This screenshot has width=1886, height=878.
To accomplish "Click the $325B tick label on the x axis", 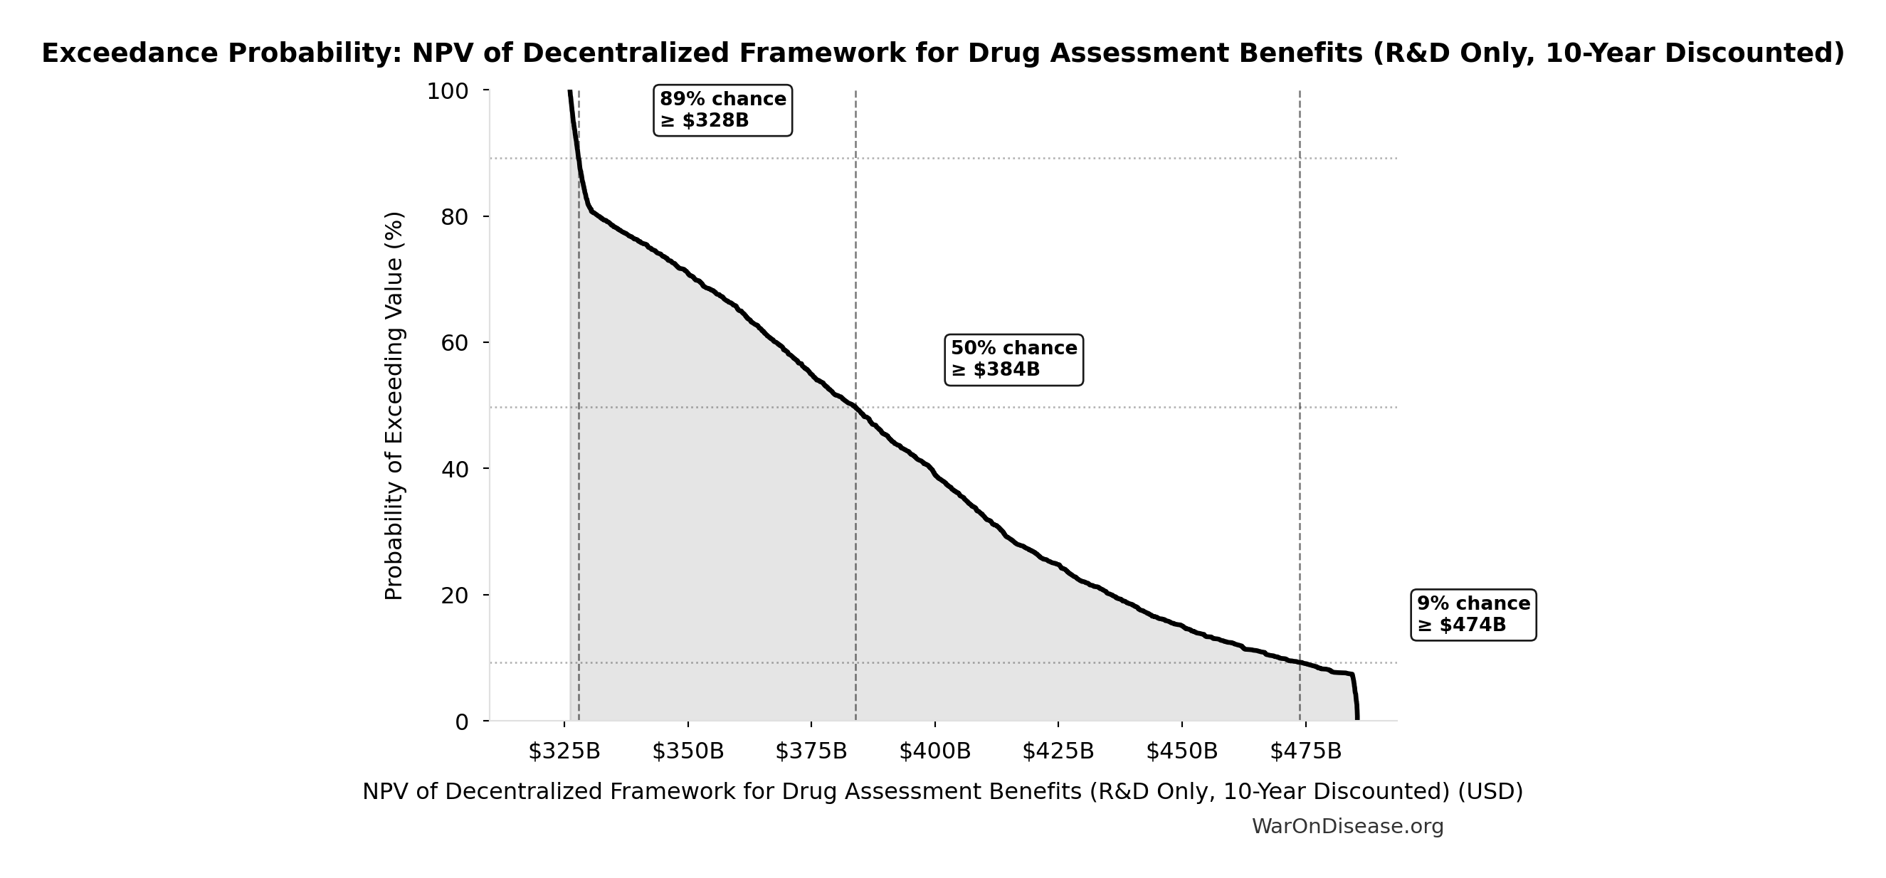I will click(x=564, y=751).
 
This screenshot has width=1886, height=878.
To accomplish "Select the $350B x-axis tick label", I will click(x=688, y=751).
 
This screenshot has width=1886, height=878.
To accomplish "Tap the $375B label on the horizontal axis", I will click(x=811, y=751).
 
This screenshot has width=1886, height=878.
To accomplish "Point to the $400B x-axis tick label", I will click(x=935, y=751).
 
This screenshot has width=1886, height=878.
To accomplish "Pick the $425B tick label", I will click(x=1058, y=751).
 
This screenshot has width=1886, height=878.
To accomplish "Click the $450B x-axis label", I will click(x=1181, y=751).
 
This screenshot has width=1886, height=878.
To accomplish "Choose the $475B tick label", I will click(x=1305, y=751).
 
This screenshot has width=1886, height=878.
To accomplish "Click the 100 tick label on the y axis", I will click(x=448, y=92).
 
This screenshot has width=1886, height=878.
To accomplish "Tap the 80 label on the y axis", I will click(x=455, y=217).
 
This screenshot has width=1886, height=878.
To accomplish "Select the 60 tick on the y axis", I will click(x=455, y=343).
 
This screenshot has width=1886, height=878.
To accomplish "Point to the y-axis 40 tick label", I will click(x=455, y=470).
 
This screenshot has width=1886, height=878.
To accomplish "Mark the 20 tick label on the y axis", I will click(x=455, y=596).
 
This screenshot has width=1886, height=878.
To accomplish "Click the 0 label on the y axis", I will click(x=462, y=722).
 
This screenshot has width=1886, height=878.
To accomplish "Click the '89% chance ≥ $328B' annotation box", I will click(x=722, y=110).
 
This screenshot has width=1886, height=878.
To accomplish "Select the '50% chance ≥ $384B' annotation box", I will click(x=1013, y=359).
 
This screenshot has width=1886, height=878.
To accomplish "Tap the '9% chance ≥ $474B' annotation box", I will click(x=1473, y=615).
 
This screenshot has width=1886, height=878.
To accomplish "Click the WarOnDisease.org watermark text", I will click(x=1347, y=827).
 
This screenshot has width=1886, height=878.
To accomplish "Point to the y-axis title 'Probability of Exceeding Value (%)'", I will click(x=394, y=406).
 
